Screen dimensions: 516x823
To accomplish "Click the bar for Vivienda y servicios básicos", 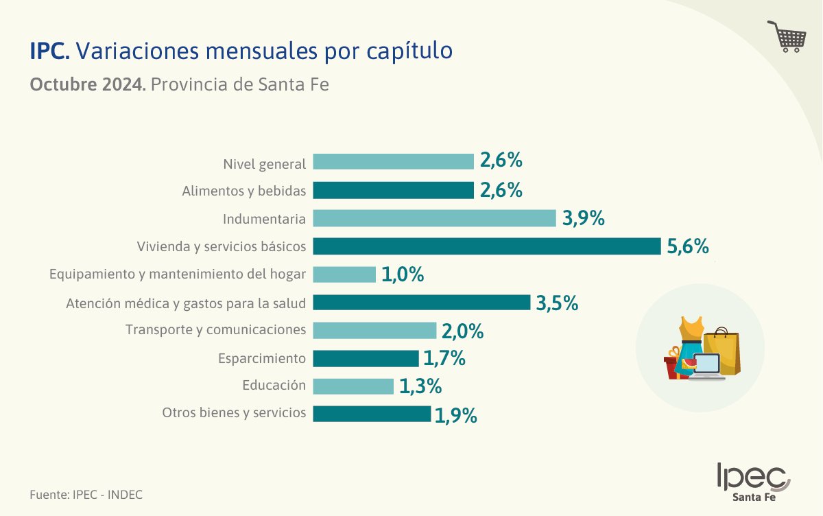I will [x=487, y=246].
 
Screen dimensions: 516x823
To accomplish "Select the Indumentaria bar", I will [x=434, y=218].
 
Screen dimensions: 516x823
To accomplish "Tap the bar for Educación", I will [x=353, y=386].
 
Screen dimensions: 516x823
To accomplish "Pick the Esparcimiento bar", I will [x=366, y=358].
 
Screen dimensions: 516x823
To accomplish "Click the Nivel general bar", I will [x=394, y=162].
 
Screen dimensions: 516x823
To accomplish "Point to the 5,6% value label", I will [x=688, y=246].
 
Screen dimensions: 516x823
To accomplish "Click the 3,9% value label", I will [x=584, y=218].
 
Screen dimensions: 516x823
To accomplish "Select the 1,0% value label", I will [x=403, y=274].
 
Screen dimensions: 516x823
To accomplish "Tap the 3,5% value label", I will [x=557, y=303].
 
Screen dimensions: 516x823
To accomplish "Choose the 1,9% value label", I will [x=456, y=414].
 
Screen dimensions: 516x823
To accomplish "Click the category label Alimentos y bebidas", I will [x=243, y=190].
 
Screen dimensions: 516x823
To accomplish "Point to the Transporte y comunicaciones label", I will [x=215, y=330].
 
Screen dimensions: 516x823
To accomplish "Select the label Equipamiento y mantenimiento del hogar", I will [x=178, y=274].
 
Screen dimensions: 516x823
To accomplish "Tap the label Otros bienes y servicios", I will [x=234, y=413].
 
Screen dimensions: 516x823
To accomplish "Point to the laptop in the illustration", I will [x=706, y=366].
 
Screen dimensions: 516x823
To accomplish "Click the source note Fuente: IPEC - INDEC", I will [x=86, y=494].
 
